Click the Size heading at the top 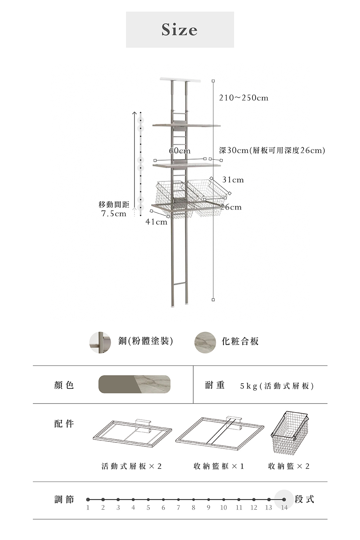click(180, 30)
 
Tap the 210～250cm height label click(243, 98)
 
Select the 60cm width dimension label click(180, 151)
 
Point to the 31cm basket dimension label click(233, 180)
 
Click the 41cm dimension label click(156, 222)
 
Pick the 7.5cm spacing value click(114, 213)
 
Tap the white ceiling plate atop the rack click(180, 80)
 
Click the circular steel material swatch click(100, 343)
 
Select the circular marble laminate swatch click(205, 343)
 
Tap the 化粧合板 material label click(240, 341)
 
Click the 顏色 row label click(64, 385)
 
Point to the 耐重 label click(215, 385)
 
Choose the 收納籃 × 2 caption click(289, 466)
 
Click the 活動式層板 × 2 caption click(131, 466)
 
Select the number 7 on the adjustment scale click(179, 508)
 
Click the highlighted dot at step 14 click(284, 499)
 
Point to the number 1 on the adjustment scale click(88, 508)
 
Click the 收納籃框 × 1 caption click(219, 466)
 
